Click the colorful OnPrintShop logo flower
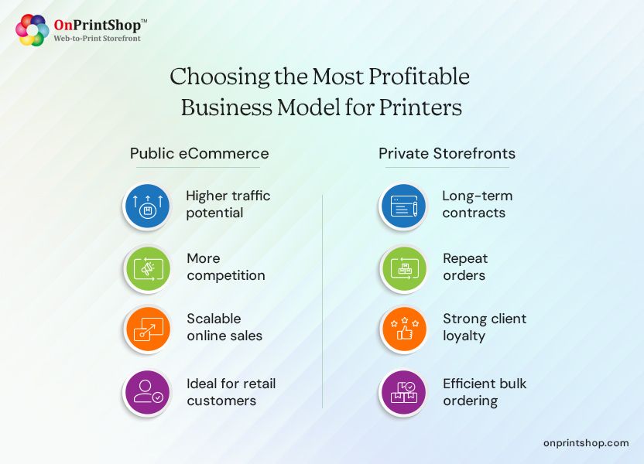coord(32,30)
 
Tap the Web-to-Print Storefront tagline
coord(97,38)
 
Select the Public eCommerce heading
coord(199,153)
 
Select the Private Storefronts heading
coord(447,153)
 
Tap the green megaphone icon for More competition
coord(147,268)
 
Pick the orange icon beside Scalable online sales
coord(147,329)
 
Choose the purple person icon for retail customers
coord(147,392)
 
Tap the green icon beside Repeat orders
coord(403,268)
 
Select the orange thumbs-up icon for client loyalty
coord(403,329)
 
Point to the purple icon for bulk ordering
coord(403,392)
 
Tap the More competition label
coord(225,267)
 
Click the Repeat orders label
coord(465,267)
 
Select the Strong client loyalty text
coord(484,327)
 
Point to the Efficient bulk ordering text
coord(484,392)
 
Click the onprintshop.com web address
coord(586,442)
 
